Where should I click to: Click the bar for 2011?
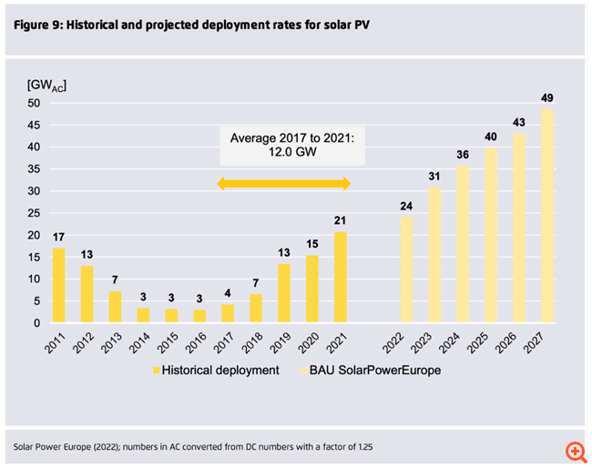(58, 285)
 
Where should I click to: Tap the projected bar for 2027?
(547, 216)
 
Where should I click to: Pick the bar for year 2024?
(463, 244)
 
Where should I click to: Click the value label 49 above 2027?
(547, 97)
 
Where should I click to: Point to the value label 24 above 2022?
(406, 205)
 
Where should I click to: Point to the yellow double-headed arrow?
(283, 185)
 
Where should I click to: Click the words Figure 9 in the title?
(41, 24)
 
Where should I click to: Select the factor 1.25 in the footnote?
(360, 446)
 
